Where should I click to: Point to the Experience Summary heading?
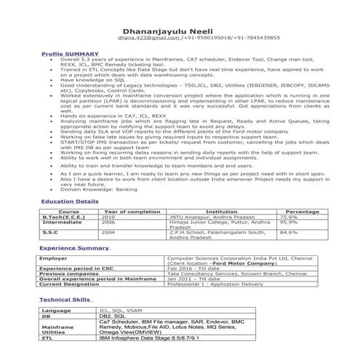[x=74, y=248]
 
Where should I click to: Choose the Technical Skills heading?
[x=65, y=299]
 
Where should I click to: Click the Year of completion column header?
[x=132, y=211]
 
